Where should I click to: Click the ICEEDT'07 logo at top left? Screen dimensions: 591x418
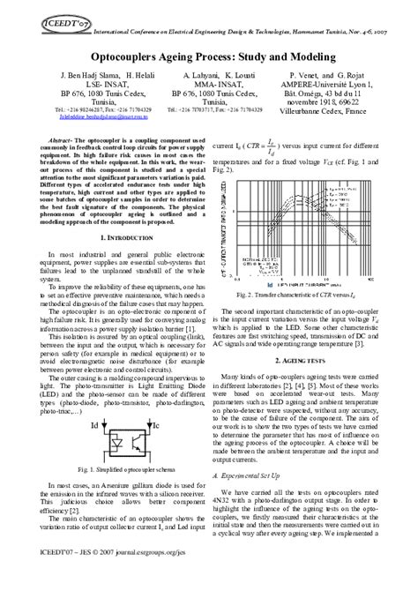[28, 15]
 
